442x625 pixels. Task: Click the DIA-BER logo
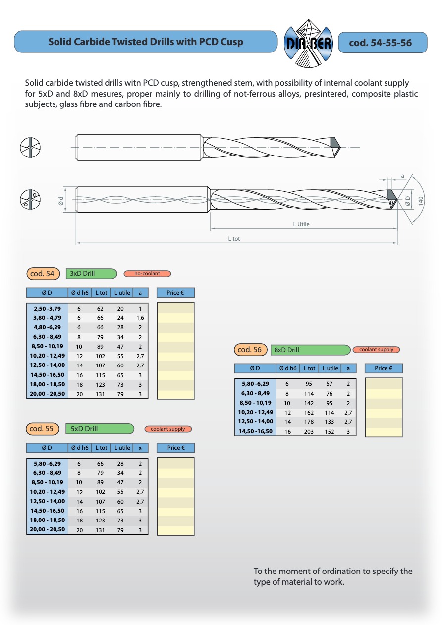[308, 43]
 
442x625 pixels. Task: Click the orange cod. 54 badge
[43, 274]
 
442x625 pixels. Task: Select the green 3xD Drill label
[91, 274]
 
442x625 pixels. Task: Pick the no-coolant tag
[147, 274]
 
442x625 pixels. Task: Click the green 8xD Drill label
[310, 350]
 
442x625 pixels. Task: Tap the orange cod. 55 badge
[43, 429]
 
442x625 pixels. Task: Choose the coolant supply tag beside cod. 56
[376, 350]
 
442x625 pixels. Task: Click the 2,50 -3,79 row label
[47, 309]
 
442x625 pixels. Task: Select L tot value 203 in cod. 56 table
[309, 432]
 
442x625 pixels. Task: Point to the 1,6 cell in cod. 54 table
[140, 318]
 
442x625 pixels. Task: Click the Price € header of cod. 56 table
[384, 368]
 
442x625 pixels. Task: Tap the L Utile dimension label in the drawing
[301, 224]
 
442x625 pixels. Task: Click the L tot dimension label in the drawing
[234, 239]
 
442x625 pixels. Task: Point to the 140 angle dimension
[420, 201]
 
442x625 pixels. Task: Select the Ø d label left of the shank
[60, 201]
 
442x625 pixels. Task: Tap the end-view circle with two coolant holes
[30, 199]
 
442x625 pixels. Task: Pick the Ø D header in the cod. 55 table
[47, 448]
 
